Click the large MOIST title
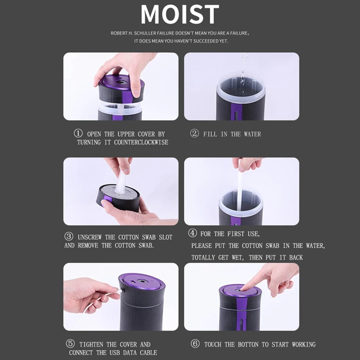(180, 14)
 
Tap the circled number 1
(78, 134)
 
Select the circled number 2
(194, 134)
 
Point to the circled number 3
(69, 237)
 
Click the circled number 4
(192, 234)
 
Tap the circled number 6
(195, 344)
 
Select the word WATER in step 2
(252, 134)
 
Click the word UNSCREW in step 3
(90, 237)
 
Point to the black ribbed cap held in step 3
(118, 202)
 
